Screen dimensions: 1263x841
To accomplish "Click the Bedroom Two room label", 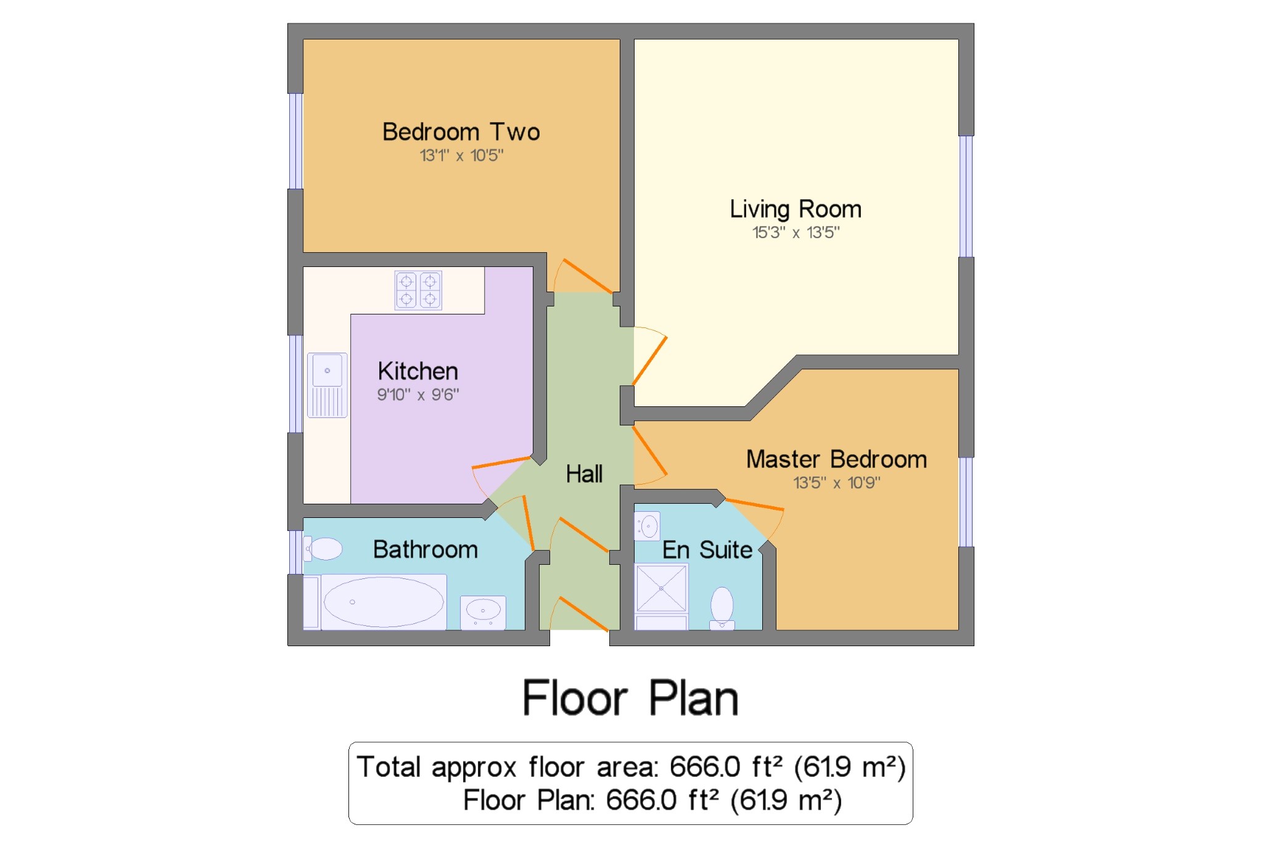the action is point(461,132).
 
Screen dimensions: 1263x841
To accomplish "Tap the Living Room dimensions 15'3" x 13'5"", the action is point(796,232).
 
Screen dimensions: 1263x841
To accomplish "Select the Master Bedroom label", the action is point(836,459).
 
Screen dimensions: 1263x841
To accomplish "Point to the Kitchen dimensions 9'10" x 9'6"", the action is point(418,395).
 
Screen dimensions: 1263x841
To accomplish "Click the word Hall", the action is point(584,474).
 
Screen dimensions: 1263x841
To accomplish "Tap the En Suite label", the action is point(707,550).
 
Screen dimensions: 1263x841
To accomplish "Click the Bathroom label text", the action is point(426,549).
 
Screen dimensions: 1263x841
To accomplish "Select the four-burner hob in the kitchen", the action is point(418,290).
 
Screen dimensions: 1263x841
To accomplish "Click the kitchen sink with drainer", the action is point(327,385).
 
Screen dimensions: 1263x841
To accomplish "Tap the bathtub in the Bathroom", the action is point(384,602).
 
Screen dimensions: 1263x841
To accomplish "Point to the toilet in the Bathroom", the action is point(323,549).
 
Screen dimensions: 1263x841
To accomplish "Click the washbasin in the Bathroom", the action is point(483,612).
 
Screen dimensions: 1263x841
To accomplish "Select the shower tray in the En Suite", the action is point(661,588).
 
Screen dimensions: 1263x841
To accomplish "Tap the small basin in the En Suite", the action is point(648,526).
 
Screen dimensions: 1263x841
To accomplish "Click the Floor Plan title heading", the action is point(630,698).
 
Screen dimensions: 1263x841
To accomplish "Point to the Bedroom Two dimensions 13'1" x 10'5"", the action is point(461,155).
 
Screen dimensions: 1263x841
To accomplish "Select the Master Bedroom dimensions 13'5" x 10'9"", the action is point(836,483).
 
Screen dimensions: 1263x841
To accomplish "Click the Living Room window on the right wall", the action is point(966,196).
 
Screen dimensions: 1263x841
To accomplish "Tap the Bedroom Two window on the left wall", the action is point(295,141).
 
